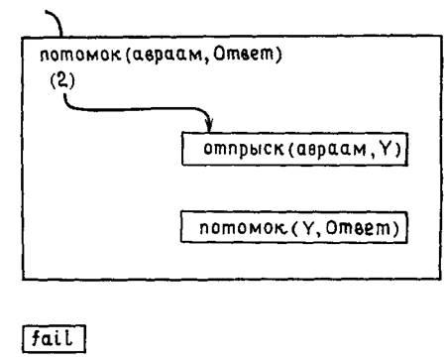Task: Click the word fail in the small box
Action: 52,338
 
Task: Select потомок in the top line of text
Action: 80,55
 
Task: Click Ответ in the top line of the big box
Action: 244,54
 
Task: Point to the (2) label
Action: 62,80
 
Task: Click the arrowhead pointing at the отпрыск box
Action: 209,125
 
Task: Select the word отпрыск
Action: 244,150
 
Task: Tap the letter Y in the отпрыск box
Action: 386,150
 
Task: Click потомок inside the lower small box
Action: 243,228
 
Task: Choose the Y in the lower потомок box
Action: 308,228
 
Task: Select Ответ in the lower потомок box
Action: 358,227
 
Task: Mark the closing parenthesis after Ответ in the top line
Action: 279,55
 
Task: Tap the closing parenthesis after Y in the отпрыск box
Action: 397,150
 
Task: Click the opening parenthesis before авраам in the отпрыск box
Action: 291,150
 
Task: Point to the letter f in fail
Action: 37,338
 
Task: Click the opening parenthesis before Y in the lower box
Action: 295,228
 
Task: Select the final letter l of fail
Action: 68,338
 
